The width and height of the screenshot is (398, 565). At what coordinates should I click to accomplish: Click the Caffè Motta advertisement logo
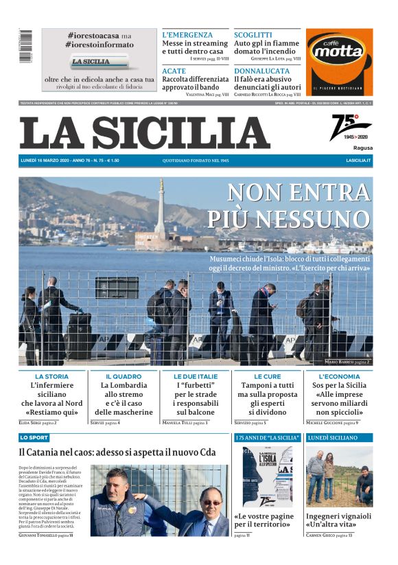point(339,62)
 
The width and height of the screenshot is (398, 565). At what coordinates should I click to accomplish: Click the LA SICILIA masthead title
point(144,133)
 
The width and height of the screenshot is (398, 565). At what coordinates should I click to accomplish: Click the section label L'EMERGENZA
point(187,34)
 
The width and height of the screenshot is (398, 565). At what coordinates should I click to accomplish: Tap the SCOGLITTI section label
point(253,34)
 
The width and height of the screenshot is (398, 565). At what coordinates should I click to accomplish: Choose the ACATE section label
point(174,71)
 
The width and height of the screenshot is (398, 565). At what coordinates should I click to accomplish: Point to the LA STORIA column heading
point(52,377)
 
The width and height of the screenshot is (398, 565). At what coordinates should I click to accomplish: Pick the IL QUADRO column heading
point(124,377)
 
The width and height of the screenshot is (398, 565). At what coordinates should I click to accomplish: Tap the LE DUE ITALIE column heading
point(196,377)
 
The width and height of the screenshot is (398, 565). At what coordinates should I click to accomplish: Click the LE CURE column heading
point(267,377)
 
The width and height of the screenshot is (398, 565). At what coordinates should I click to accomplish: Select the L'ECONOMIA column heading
point(339,377)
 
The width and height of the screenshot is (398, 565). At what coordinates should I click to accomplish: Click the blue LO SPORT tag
point(34,437)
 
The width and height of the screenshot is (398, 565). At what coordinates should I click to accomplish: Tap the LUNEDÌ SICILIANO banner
point(333,437)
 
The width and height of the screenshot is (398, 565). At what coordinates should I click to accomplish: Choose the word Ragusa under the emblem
point(363,148)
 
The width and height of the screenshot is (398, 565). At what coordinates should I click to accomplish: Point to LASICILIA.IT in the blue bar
point(358,161)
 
